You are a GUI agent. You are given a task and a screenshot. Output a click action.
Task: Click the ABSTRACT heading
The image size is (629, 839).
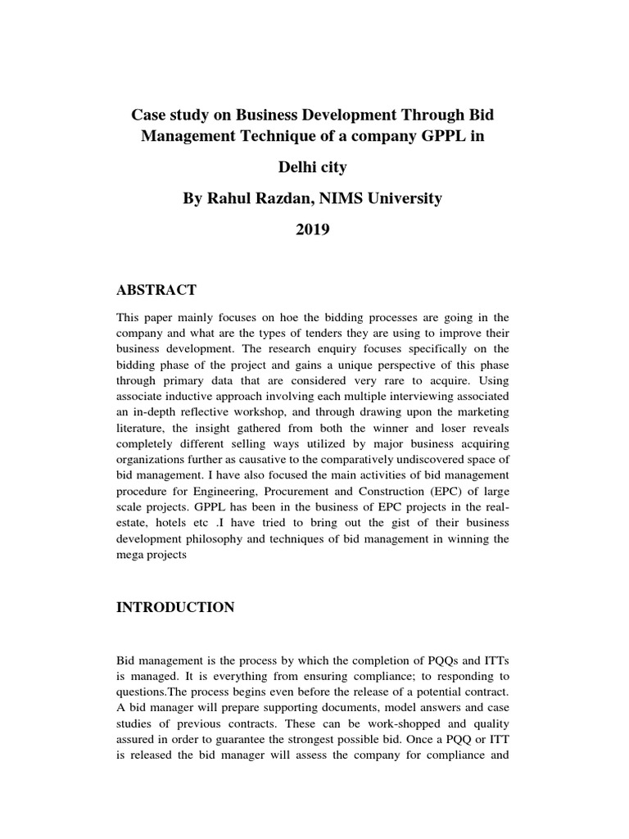pyautogui.click(x=157, y=290)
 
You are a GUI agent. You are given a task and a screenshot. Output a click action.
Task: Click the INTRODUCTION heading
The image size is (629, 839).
pyautogui.click(x=176, y=607)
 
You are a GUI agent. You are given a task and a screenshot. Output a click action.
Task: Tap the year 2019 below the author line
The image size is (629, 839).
pyautogui.click(x=312, y=230)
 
